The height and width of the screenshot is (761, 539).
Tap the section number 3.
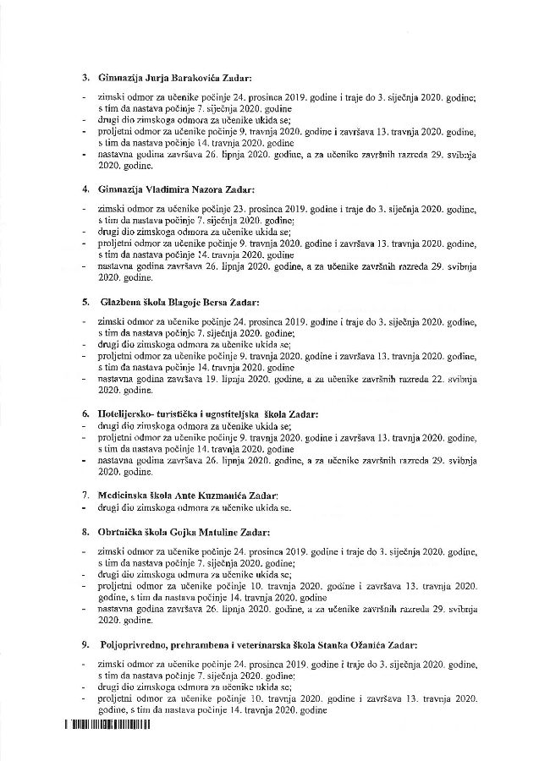click(85, 79)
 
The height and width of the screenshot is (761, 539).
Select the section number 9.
click(85, 644)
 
